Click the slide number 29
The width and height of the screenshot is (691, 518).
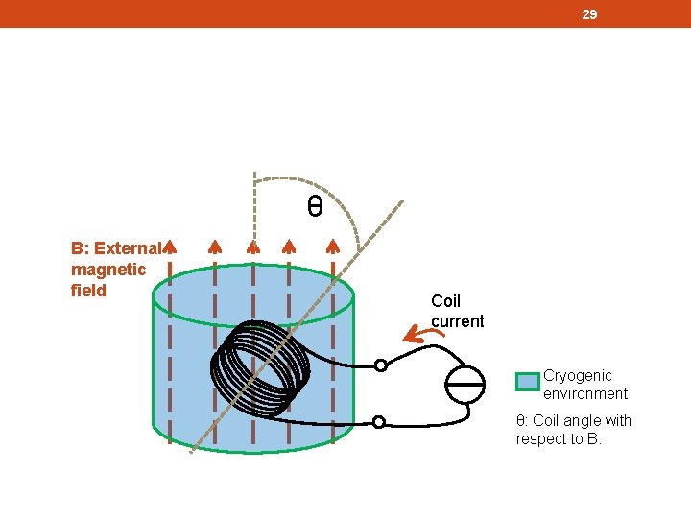coord(590,14)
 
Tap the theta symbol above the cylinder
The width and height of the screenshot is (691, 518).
coord(314,206)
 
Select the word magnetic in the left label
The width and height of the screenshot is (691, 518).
coord(108,270)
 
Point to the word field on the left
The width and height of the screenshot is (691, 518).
coord(88,290)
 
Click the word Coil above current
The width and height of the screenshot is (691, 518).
coord(445,301)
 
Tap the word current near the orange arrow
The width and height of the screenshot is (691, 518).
coord(458,321)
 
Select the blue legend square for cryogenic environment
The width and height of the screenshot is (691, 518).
coord(527,382)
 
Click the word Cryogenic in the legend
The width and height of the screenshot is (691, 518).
coord(577,375)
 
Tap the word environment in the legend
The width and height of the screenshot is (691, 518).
coord(585,393)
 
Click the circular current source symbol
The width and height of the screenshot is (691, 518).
coord(468,384)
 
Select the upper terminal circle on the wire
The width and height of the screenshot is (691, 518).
coord(381,365)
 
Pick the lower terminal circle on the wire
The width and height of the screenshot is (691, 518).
coord(379,422)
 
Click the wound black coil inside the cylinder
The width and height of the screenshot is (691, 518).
coord(259,367)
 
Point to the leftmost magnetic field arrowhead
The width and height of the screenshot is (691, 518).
coord(169,247)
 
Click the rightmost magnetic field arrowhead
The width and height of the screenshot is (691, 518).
coord(332,247)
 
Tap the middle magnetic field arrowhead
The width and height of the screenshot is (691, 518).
coord(252,247)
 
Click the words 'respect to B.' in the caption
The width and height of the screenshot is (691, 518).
coord(559,439)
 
